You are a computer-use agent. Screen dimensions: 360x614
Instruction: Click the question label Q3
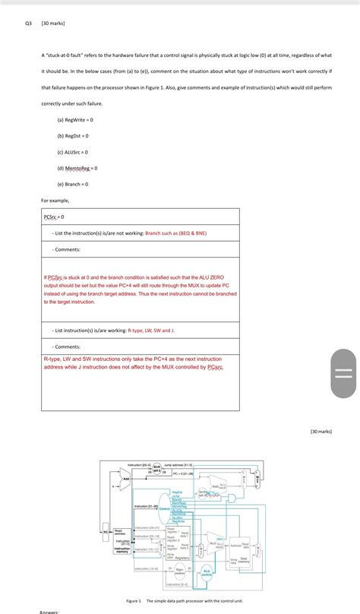(28, 24)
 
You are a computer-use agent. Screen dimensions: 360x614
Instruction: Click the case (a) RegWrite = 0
(75, 120)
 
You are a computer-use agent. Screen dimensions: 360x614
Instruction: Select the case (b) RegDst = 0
(73, 136)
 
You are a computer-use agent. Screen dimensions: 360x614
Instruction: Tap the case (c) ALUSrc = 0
(73, 152)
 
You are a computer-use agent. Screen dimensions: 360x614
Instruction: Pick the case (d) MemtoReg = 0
(77, 168)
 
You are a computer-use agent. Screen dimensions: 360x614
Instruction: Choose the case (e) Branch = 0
(73, 184)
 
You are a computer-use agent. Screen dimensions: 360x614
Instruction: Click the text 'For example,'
(55, 201)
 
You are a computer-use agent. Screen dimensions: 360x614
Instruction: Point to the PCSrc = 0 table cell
(55, 217)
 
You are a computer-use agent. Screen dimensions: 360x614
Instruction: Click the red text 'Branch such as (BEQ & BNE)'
(175, 233)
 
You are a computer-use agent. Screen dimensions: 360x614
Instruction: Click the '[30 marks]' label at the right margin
(321, 432)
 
